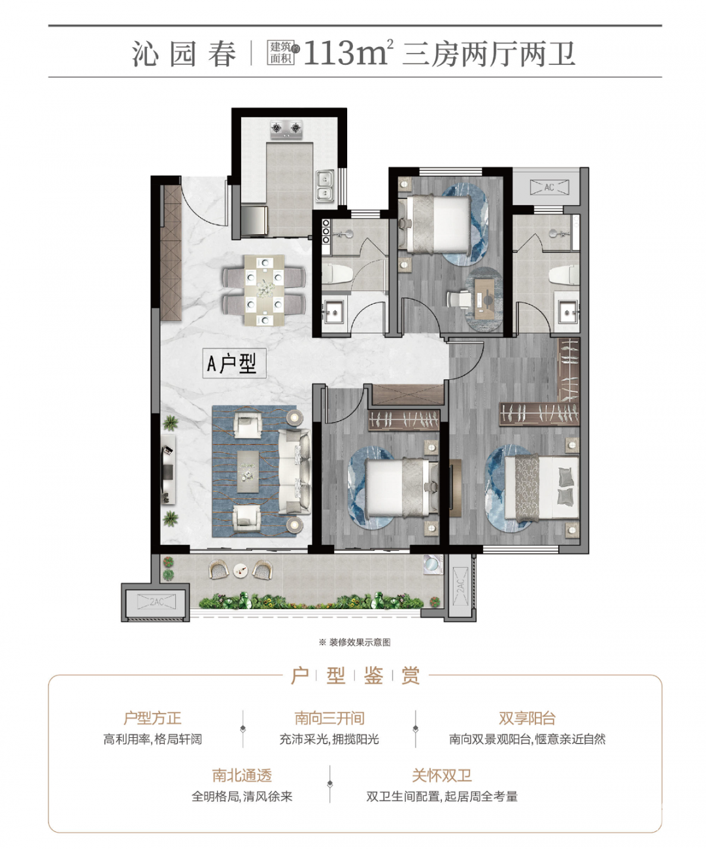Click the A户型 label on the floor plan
(x=234, y=363)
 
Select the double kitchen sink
(x=325, y=186)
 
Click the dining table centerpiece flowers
(x=265, y=290)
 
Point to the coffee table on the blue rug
(x=248, y=471)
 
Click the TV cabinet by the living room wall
(x=168, y=471)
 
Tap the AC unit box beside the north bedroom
(x=549, y=188)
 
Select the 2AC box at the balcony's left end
(x=157, y=602)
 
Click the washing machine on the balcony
(x=432, y=564)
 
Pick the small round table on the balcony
(x=241, y=570)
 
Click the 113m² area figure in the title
(x=348, y=53)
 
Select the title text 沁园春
(x=184, y=54)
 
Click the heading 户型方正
(x=152, y=718)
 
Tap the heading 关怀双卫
(x=442, y=775)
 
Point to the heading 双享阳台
(x=527, y=718)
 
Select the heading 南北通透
(x=242, y=775)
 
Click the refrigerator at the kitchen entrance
(x=254, y=220)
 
